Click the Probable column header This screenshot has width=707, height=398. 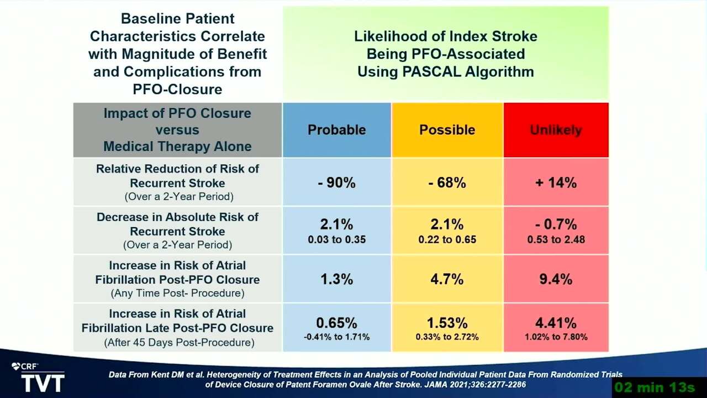point(337,130)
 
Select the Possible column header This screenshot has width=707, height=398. point(447,130)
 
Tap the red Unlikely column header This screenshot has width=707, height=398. point(556,130)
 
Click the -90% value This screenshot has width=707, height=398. point(337,182)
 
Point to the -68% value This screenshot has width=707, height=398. point(447,182)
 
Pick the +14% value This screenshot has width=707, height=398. point(556,182)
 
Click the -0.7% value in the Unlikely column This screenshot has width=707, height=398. point(556,224)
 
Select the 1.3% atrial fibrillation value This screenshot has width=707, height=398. point(337,279)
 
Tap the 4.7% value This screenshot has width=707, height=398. point(447,279)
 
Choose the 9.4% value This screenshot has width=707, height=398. point(556,279)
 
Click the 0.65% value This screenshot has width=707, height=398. point(337,323)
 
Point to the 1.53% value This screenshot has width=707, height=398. point(447,323)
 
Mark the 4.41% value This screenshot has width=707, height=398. point(556,323)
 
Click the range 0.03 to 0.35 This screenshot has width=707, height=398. point(337,239)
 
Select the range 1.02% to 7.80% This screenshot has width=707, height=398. point(556,337)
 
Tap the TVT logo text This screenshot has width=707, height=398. point(43,383)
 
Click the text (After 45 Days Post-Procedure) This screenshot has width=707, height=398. point(180,342)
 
